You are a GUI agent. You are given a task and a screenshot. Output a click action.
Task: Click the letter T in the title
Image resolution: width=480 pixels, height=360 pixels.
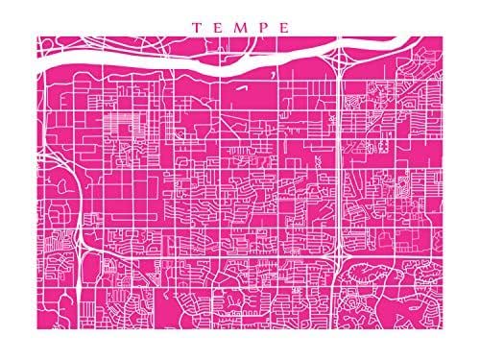coord(196,27)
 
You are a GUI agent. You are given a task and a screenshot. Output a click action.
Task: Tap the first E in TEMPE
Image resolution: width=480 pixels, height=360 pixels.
coord(218,27)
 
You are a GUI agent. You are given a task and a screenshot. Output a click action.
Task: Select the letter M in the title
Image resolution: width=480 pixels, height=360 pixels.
coord(240,27)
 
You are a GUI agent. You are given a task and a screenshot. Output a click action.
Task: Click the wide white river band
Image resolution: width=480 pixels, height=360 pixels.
coord(192,69)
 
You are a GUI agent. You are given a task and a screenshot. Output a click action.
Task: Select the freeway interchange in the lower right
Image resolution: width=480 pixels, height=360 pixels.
coord(341,257)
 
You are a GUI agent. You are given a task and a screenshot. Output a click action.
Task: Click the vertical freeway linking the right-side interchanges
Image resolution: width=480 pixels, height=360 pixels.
coord(343,163)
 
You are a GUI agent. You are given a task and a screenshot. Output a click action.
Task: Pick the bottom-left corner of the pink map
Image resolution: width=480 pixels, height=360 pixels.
coord(38,323)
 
